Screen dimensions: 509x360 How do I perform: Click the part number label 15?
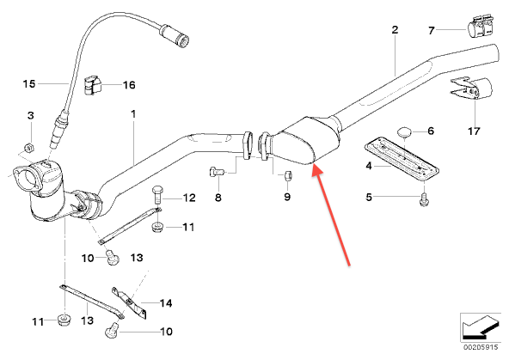pos(29,83)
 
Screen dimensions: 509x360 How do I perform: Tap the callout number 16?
pos(129,85)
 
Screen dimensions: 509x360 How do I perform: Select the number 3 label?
pos(30,115)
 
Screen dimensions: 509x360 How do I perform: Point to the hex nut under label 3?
pos(29,148)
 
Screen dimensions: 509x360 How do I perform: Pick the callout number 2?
pos(395,30)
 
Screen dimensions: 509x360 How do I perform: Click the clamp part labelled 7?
pos(480,26)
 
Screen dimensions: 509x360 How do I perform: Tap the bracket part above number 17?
pos(471,88)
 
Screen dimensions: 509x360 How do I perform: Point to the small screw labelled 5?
pos(424,199)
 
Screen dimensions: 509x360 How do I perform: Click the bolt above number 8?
pos(216,171)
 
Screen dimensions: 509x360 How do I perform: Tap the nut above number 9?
pos(288,175)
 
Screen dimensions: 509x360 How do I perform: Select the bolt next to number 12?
pos(157,194)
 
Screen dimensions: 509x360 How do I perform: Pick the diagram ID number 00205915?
pos(481,347)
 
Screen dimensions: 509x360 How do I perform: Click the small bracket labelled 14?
pos(129,302)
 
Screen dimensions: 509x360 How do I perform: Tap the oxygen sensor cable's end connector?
pos(175,34)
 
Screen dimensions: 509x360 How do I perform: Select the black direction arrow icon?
pos(481,326)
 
